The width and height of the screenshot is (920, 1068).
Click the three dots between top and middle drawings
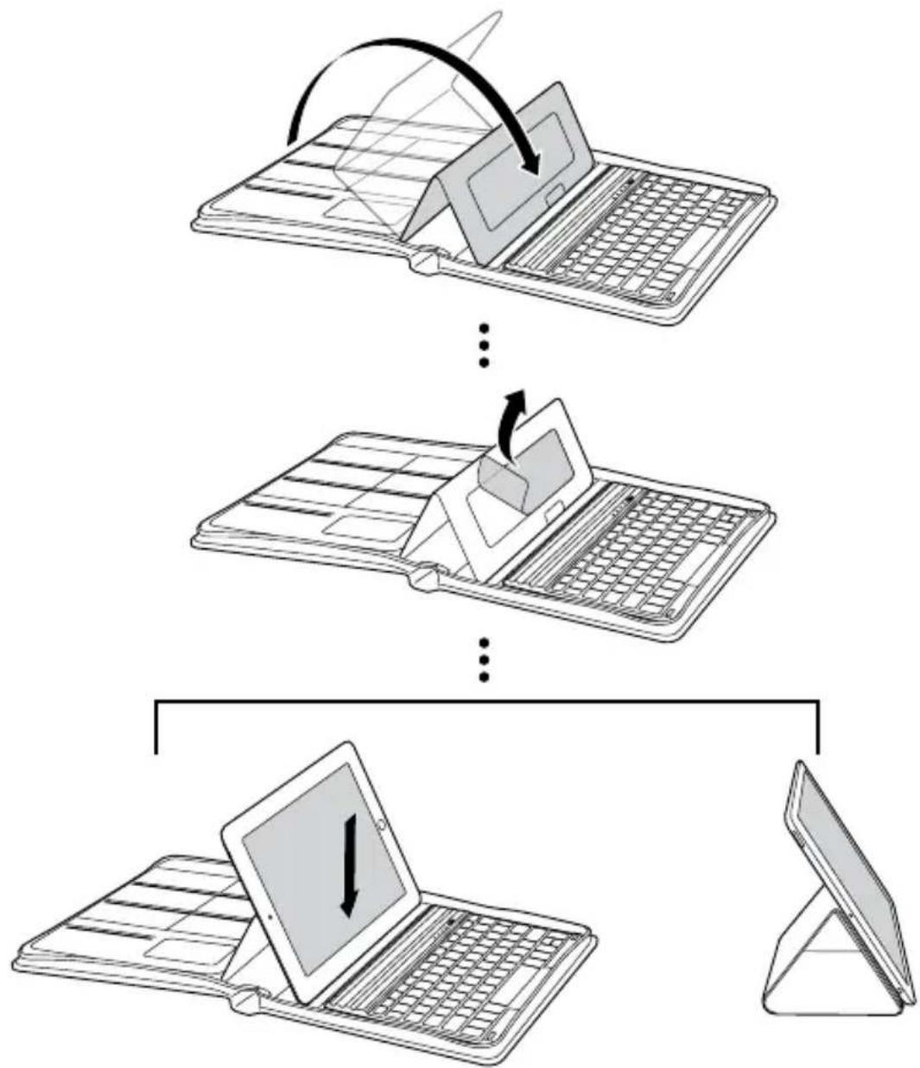tap(485, 344)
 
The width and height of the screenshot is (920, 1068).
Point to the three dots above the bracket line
tap(485, 660)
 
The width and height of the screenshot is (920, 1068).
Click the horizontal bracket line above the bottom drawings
tap(485, 702)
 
